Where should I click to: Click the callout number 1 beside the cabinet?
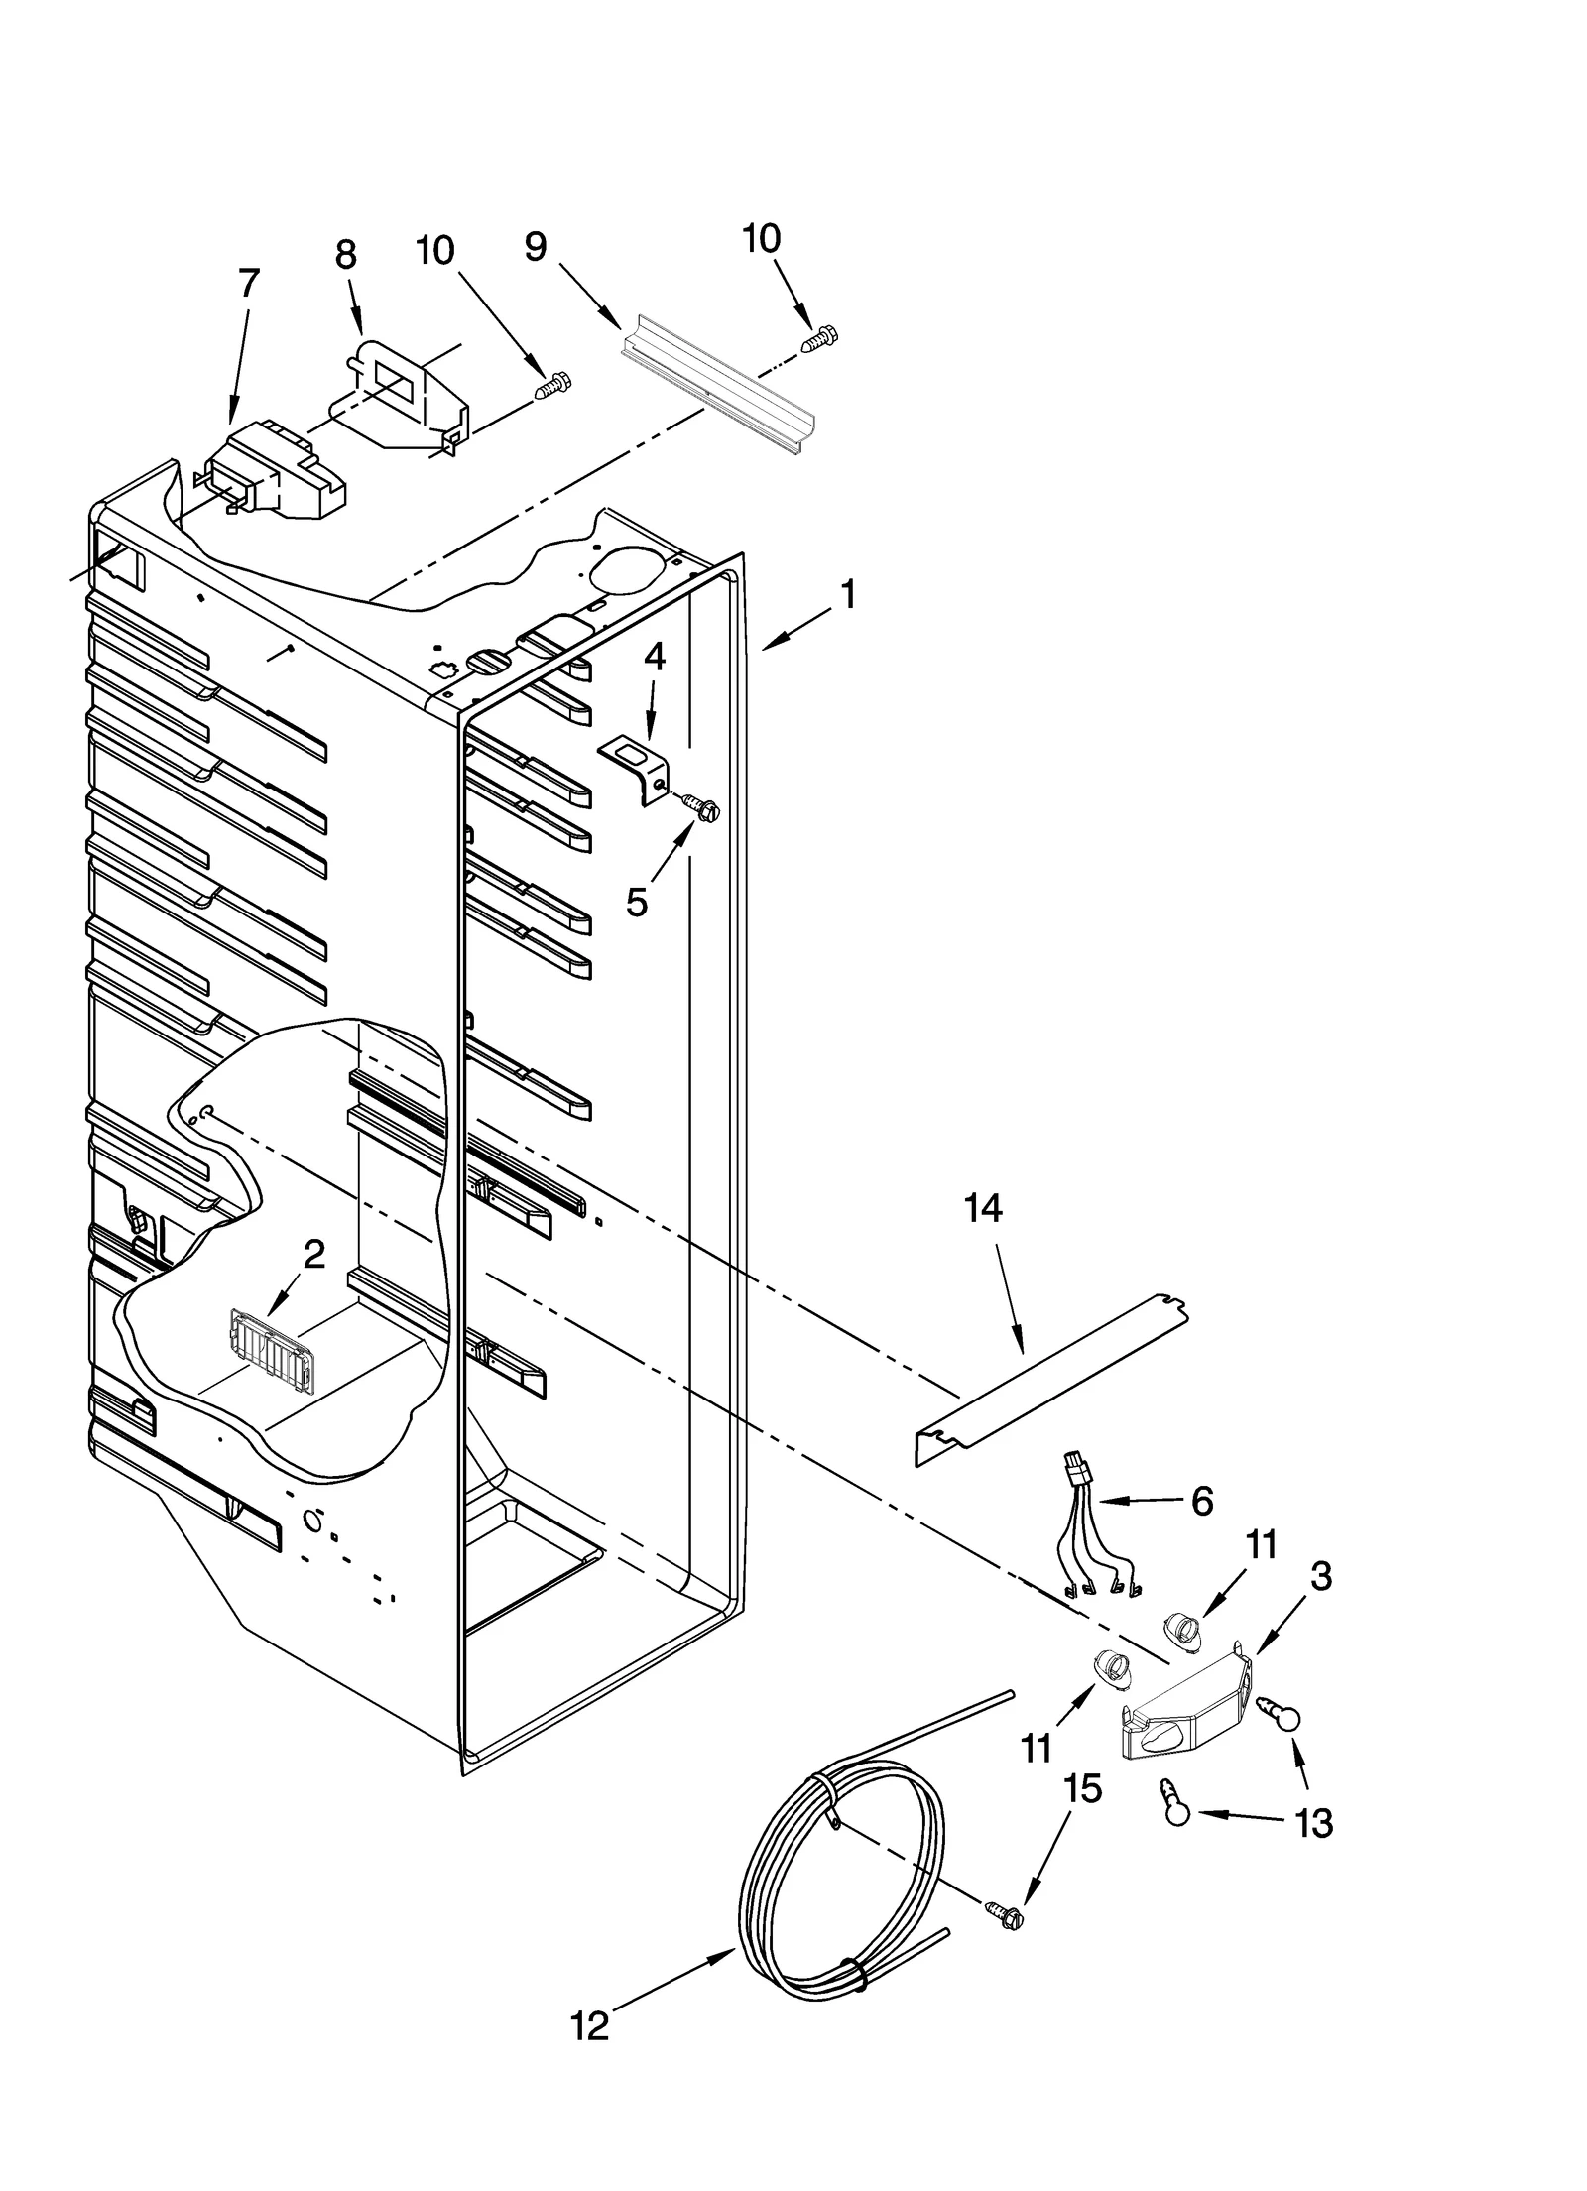click(x=846, y=596)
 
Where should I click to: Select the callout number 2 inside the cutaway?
click(x=313, y=1254)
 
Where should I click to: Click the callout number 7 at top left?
click(x=249, y=283)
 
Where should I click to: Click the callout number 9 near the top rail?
click(x=536, y=246)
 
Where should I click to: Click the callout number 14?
click(x=983, y=1208)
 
